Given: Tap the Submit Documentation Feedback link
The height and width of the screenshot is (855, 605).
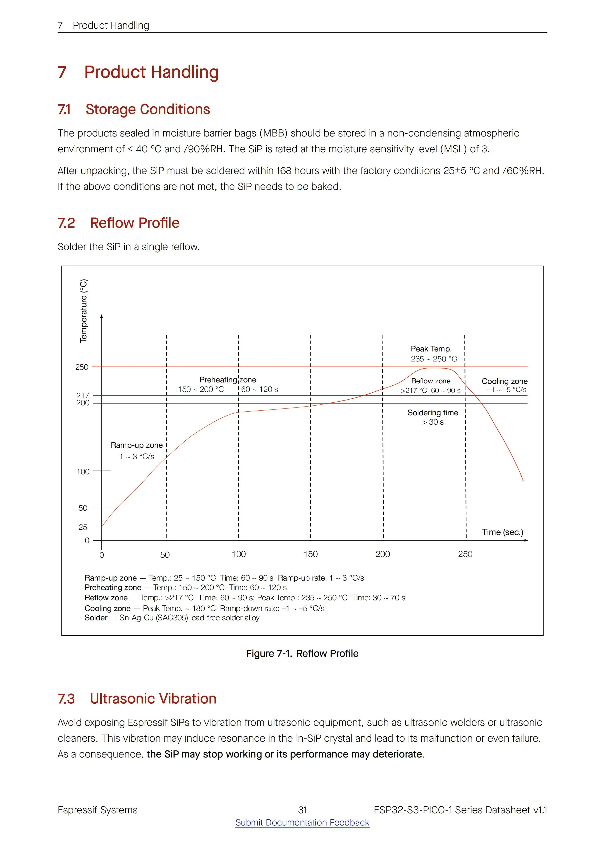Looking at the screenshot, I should coord(302,822).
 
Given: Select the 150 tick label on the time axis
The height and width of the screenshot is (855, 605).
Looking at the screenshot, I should coord(311,554).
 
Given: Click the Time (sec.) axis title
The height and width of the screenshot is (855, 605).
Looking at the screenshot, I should coord(502,532).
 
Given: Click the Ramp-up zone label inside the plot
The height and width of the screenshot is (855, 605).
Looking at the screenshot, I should coord(136,445).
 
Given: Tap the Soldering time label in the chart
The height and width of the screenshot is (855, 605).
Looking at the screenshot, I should coord(433,413).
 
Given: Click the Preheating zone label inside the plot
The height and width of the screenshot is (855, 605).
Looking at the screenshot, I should coord(228,379).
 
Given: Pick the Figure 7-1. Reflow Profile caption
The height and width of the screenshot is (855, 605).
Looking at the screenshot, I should coord(302,653).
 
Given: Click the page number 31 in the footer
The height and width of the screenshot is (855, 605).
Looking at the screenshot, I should coord(302,810).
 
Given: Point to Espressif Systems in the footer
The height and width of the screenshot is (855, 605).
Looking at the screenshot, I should coord(97,810).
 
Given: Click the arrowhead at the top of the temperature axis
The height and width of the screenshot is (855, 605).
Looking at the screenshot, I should coord(101,317).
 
